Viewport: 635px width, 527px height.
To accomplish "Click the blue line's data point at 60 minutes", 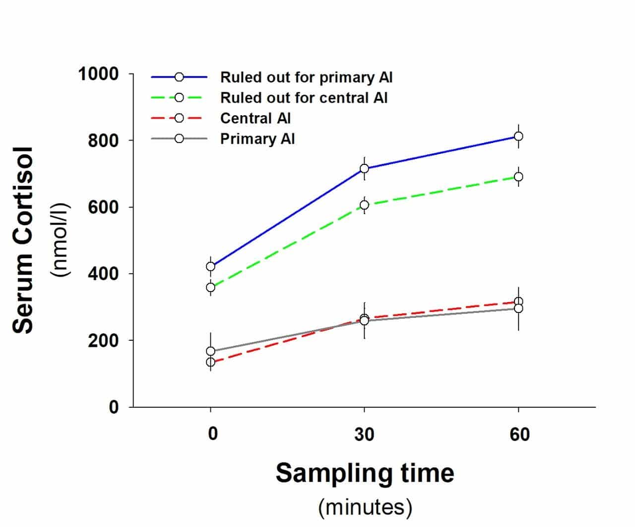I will pos(518,136).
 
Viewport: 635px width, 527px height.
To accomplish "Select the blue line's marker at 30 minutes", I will pos(364,168).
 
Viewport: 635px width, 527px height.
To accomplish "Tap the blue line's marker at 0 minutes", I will pos(210,266).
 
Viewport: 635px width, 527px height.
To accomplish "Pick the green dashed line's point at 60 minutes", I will pos(518,177).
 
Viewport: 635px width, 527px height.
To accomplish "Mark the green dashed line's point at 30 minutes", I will pos(364,205).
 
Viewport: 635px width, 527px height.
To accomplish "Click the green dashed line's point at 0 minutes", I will pos(210,287).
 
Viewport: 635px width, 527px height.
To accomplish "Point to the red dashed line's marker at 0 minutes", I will pos(210,362).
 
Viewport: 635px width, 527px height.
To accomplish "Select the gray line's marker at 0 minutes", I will pos(210,351).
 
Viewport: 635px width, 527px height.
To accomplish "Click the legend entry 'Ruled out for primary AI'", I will pos(306,77).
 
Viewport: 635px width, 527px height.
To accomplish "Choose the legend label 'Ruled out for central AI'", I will pos(304,98).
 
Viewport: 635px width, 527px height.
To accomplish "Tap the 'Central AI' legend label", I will pos(255,118).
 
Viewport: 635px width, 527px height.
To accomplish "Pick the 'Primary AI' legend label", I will pos(257,139).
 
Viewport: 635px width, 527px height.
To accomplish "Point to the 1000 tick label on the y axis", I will pos(99,74).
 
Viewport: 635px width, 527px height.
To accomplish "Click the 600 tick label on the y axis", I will pos(103,207).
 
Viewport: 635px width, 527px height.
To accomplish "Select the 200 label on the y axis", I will pos(103,341).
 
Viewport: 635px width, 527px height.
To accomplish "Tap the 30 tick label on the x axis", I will pos(364,435).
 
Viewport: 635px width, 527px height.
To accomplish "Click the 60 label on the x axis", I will pos(519,435).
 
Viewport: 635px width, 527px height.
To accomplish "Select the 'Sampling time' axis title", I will pos(365,472).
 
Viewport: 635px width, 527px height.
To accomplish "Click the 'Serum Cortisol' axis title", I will pos(23,240).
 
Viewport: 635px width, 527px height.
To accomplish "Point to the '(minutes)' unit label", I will pos(365,507).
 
